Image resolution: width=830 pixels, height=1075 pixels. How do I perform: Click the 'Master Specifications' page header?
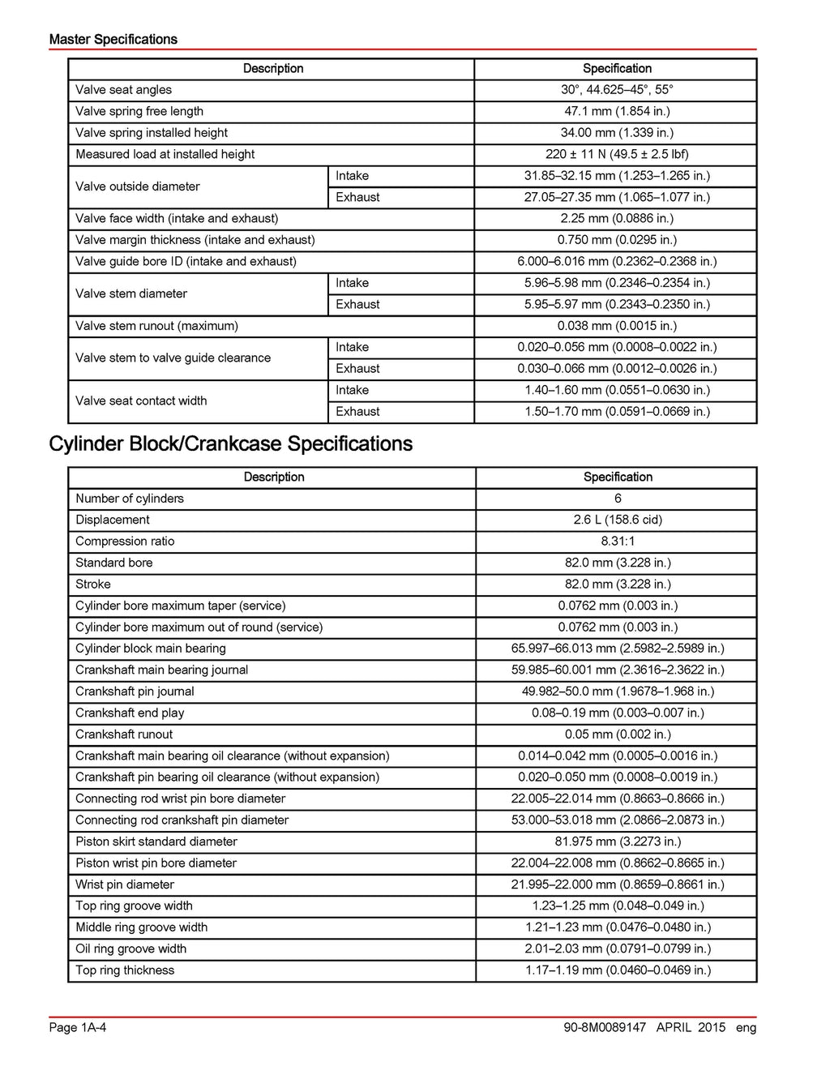(x=113, y=39)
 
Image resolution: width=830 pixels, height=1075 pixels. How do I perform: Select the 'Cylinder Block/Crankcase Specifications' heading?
(x=230, y=443)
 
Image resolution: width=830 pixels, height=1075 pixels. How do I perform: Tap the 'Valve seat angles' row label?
(x=123, y=90)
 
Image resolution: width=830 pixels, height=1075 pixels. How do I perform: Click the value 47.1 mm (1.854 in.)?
(x=617, y=111)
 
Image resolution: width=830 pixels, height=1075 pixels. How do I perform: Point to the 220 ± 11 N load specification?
(x=617, y=154)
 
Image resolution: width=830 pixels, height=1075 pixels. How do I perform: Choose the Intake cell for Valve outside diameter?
(x=352, y=176)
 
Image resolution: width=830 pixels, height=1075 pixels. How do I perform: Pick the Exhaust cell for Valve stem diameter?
(x=357, y=304)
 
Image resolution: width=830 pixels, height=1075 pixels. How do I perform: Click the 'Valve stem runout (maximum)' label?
(x=156, y=326)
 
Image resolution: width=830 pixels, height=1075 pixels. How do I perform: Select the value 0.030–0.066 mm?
(x=617, y=368)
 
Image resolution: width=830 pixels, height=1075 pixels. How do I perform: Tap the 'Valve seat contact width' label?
(x=141, y=400)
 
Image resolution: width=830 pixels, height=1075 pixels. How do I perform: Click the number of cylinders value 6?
(x=618, y=499)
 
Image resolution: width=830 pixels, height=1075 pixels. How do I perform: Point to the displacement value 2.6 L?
(x=618, y=520)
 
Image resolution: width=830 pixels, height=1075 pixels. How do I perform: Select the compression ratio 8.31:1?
(x=618, y=542)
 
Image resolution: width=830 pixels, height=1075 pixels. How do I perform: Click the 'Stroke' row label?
(x=93, y=585)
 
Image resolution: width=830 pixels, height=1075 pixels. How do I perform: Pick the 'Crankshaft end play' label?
(x=130, y=713)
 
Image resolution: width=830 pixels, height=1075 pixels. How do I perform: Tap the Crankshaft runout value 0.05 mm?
(x=618, y=735)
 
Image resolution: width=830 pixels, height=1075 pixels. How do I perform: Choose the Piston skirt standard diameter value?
(x=618, y=842)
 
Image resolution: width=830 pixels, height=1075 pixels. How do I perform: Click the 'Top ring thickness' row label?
(x=125, y=970)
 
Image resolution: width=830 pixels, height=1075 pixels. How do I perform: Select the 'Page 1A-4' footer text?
(x=78, y=1027)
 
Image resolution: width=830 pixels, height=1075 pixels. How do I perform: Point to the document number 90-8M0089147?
(x=605, y=1027)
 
